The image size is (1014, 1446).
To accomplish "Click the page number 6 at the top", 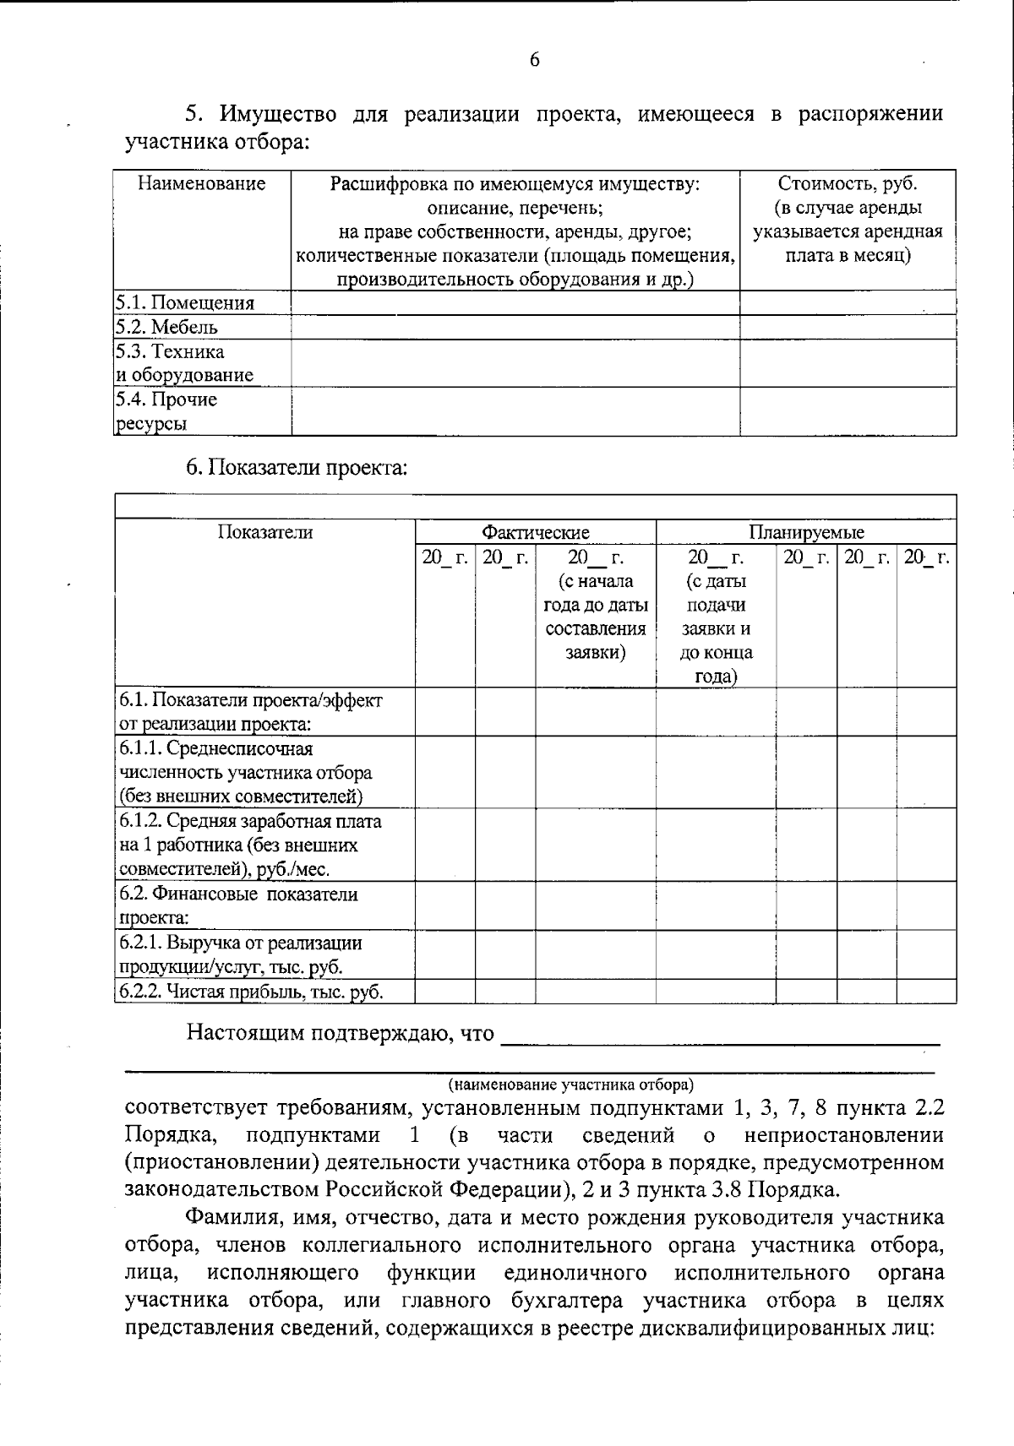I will pyautogui.click(x=534, y=60).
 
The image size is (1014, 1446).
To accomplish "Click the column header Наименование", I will pyautogui.click(x=202, y=183).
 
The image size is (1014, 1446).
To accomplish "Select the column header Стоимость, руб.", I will pyautogui.click(x=848, y=183).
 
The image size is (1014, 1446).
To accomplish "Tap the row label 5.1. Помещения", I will pyautogui.click(x=185, y=303).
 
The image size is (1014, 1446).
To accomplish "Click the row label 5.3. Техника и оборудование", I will pyautogui.click(x=184, y=363).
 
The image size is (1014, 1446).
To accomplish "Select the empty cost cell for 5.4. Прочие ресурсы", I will pyautogui.click(x=848, y=411).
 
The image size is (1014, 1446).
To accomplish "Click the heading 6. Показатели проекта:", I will pyautogui.click(x=297, y=467).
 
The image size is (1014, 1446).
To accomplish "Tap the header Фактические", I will pyautogui.click(x=535, y=532).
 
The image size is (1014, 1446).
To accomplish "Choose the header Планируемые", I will pyautogui.click(x=806, y=532).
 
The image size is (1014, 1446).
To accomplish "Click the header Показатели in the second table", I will pyautogui.click(x=264, y=532).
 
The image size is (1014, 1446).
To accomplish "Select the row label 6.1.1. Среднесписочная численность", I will pyautogui.click(x=245, y=772).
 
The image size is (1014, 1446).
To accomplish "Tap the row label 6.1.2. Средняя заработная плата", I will pyautogui.click(x=249, y=845).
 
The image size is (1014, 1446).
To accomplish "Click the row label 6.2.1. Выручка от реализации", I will pyautogui.click(x=241, y=954).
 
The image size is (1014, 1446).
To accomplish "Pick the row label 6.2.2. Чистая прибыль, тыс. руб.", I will pyautogui.click(x=251, y=992).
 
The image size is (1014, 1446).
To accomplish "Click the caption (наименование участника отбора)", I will pyautogui.click(x=570, y=1084).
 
